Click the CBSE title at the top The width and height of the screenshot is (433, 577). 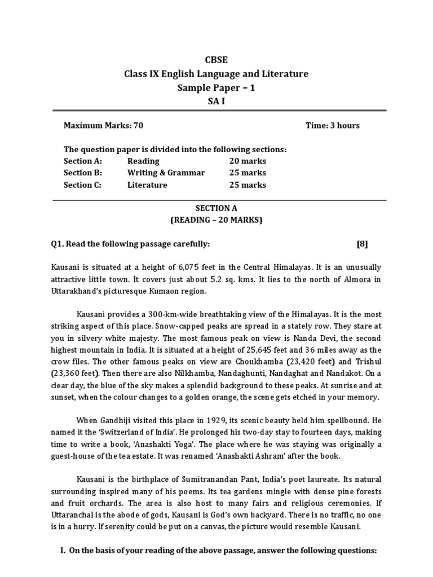[217, 60]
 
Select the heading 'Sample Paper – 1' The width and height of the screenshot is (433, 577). [217, 88]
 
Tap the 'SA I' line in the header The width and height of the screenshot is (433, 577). [217, 101]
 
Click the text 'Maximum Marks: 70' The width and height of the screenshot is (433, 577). [99, 125]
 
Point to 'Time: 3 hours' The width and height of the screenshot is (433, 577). [332, 125]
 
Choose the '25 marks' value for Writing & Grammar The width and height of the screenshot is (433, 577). [248, 173]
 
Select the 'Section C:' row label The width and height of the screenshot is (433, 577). [82, 185]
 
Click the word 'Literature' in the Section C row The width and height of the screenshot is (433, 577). [147, 185]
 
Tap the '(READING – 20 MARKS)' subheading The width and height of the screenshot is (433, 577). [217, 220]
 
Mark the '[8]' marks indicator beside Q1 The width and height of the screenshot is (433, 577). [363, 243]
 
